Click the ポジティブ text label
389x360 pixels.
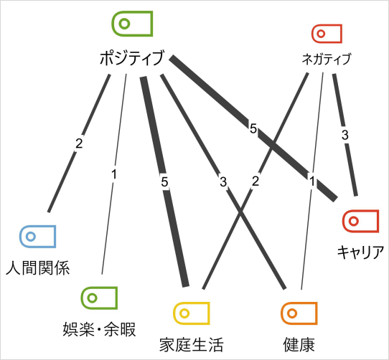tap(132, 57)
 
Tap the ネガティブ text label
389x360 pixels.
tap(327, 59)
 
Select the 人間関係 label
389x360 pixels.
tap(37, 267)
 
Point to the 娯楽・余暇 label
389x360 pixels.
tap(99, 329)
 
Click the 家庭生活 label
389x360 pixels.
tap(192, 345)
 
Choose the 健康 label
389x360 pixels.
tap(299, 345)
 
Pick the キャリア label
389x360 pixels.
tap(360, 252)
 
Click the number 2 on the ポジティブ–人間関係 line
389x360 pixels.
tap(79, 143)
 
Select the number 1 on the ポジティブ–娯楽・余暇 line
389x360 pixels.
tap(114, 174)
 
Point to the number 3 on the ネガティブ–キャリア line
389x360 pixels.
tap(345, 135)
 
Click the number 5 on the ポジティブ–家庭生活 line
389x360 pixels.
tap(164, 182)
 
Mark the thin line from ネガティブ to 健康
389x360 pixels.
tap(312, 181)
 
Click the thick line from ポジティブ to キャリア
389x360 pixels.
tap(253, 128)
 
